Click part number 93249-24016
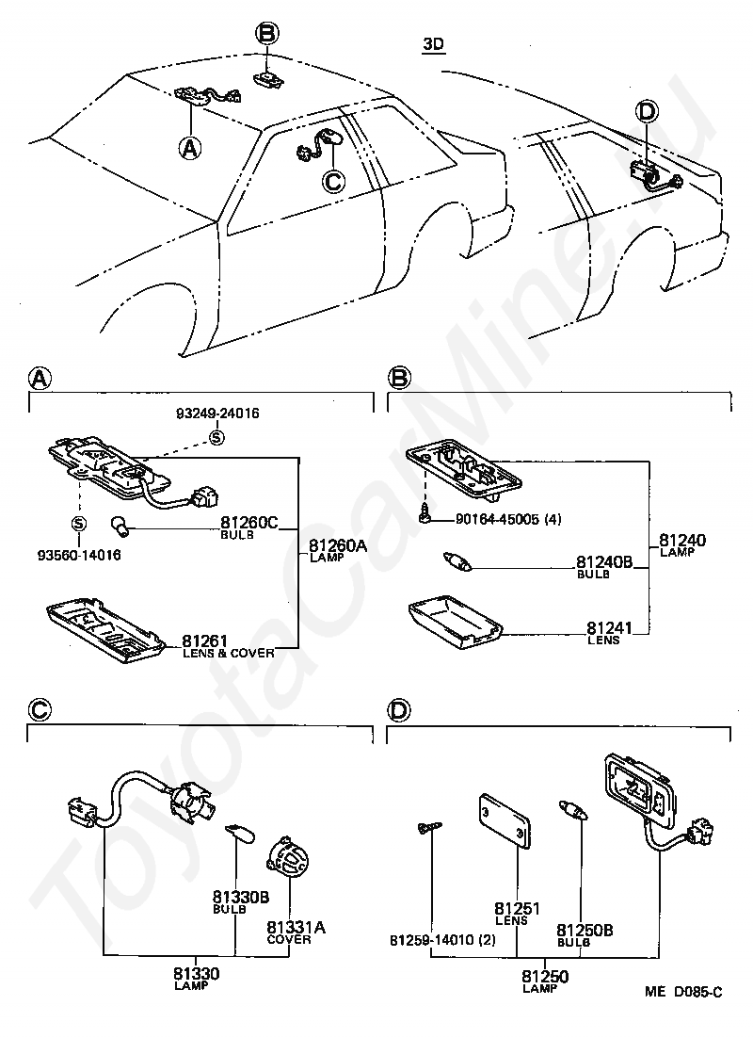coord(217,413)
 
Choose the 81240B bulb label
coord(604,563)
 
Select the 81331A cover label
coord(296,927)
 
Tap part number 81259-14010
coord(429,940)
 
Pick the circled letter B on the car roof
coord(268,35)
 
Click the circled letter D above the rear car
coord(647,112)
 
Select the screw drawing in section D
coord(428,828)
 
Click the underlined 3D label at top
coord(434,44)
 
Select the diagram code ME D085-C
coord(683,992)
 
